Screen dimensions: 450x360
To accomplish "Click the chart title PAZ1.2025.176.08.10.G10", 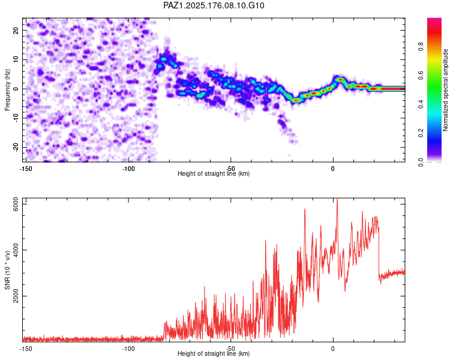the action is pos(214,5).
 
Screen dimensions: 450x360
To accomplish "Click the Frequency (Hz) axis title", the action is pos(7,90).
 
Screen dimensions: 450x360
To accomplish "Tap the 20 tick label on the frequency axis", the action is pos(16,30).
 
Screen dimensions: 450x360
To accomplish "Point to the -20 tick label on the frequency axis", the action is pos(16,147).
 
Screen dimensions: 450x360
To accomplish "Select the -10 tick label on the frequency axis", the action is pos(16,118).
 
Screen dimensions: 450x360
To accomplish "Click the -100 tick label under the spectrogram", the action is pos(128,169).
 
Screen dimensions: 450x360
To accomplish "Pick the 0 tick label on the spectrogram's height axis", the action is pos(333,169).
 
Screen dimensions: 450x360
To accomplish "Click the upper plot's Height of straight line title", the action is pos(214,173).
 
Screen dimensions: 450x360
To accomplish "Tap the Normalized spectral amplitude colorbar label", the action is pos(445,90).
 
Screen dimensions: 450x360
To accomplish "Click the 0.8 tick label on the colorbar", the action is pos(421,46).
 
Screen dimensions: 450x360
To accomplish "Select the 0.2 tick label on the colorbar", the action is pos(421,133).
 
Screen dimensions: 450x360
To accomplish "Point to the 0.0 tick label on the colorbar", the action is pos(421,162).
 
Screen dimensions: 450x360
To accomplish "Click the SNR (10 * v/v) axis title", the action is pos(7,270).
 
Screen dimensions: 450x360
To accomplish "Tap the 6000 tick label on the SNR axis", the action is pos(16,204).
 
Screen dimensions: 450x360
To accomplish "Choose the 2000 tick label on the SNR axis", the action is pos(16,296).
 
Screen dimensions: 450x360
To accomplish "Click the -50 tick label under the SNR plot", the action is pos(230,349).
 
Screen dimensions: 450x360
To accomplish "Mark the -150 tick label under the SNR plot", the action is pos(26,349).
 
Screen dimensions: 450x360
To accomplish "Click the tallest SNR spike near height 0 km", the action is pos(337,199).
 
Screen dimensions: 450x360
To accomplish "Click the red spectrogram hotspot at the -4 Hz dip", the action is pos(296,100).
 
